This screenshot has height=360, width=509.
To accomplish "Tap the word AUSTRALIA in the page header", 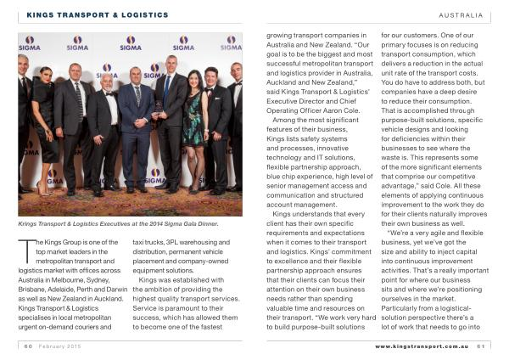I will pos(461,15).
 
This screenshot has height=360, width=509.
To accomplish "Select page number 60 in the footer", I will pos(28,346).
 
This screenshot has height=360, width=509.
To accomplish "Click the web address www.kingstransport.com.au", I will pos(422,346).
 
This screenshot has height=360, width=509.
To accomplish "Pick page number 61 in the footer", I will pos(480,346).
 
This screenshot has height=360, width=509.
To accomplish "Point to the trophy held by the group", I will pos(158,107).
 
